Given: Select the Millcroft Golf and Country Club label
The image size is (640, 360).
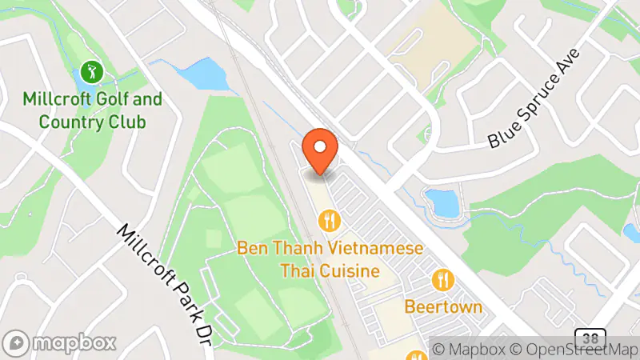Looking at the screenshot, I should (93, 111).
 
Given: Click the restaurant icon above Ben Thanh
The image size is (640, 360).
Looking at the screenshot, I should (328, 219).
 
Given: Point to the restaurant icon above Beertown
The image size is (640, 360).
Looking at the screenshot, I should (442, 280).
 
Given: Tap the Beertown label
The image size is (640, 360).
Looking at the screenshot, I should (442, 306).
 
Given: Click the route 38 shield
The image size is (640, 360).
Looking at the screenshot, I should (590, 338).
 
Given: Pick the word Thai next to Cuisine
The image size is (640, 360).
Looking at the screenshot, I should (296, 271).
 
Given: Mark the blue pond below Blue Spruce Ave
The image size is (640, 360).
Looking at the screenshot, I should (442, 203).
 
